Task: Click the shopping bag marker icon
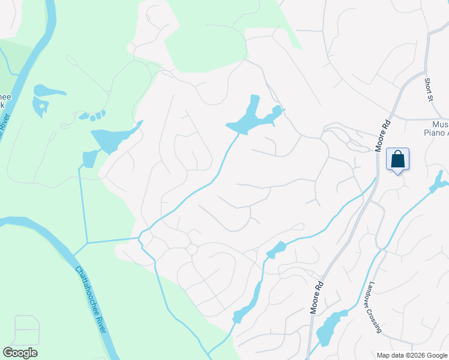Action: [397, 160]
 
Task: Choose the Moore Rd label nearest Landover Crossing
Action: [318, 296]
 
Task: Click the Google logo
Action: [20, 353]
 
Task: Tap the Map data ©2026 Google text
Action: [412, 355]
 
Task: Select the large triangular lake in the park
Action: [114, 139]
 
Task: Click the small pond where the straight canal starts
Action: [89, 158]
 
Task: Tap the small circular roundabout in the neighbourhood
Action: [192, 248]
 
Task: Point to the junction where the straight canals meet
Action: [88, 243]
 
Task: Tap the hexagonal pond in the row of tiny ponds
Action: [94, 115]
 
